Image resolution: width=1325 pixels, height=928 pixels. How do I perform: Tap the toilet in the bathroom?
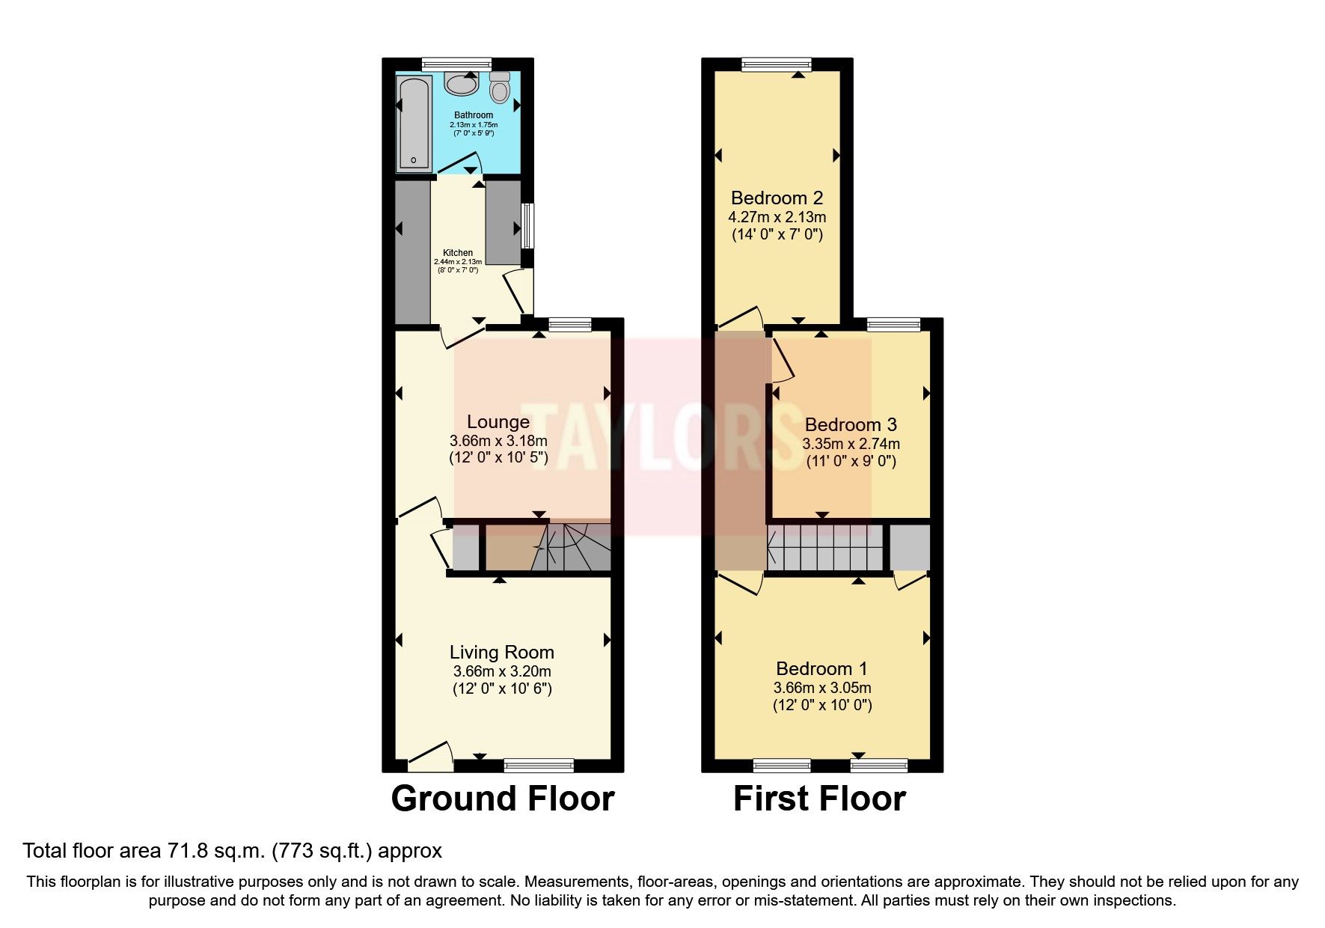coord(500,88)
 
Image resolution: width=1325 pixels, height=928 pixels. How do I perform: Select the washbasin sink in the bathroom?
coord(462,84)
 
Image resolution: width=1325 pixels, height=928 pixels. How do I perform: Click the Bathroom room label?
coord(474,115)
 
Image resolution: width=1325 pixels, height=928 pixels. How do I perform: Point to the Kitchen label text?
coord(458,253)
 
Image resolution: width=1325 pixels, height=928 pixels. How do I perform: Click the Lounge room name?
coord(498,422)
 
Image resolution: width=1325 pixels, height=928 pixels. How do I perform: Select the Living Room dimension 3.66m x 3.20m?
coord(502,671)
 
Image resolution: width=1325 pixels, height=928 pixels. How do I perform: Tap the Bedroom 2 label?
coord(777,198)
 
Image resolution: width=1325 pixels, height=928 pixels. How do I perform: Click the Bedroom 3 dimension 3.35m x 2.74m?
coord(851,444)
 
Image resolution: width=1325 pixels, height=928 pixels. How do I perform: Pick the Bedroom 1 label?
coord(822,668)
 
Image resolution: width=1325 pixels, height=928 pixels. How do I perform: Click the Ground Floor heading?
coord(503,799)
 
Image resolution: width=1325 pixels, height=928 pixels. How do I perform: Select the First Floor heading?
coord(819,799)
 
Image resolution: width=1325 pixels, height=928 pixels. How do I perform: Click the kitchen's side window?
coord(528,226)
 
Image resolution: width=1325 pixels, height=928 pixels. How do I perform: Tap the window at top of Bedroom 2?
coord(777,64)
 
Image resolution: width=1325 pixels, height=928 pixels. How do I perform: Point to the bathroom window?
coord(456,64)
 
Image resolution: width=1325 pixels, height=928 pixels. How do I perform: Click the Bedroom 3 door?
coord(781,356)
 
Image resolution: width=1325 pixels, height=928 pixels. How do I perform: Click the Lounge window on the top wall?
coord(569,325)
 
